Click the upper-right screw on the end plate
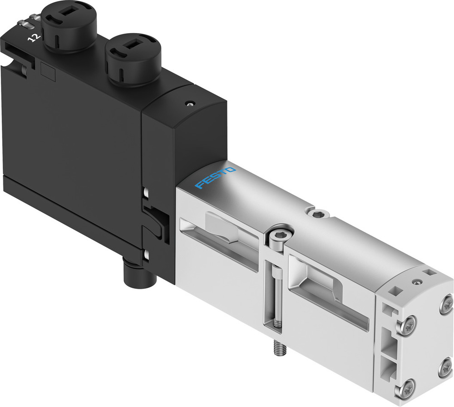point(447,301)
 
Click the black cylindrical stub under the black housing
point(135,276)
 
